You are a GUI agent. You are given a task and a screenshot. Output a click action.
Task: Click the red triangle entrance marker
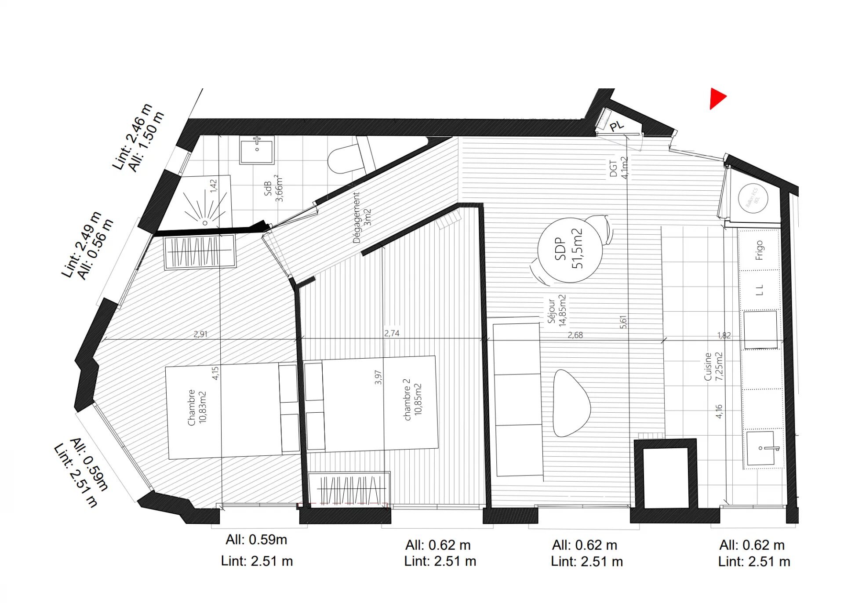tap(717, 98)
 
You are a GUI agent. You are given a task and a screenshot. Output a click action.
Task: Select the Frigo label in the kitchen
tap(759, 250)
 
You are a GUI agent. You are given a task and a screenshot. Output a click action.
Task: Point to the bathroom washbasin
tap(257, 150)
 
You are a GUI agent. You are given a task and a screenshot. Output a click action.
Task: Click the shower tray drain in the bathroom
tap(205, 223)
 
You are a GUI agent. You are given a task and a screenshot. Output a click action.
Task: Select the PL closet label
tap(617, 126)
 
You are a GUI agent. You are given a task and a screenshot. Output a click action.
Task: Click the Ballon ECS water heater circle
tap(753, 198)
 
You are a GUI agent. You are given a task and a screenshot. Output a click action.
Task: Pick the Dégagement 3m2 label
tap(362, 218)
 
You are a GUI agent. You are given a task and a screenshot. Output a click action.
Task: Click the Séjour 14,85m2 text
tap(557, 310)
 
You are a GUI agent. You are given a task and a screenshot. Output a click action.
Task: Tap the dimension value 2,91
tap(200, 334)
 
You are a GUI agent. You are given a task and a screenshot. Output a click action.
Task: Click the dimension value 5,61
tap(623, 322)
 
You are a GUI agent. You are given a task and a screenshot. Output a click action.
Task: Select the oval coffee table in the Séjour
tap(571, 403)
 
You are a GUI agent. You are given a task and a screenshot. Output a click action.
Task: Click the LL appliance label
tap(760, 290)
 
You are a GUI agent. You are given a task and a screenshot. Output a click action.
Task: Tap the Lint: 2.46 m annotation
tap(132, 136)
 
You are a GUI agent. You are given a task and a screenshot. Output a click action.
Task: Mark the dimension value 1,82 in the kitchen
tap(724, 335)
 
